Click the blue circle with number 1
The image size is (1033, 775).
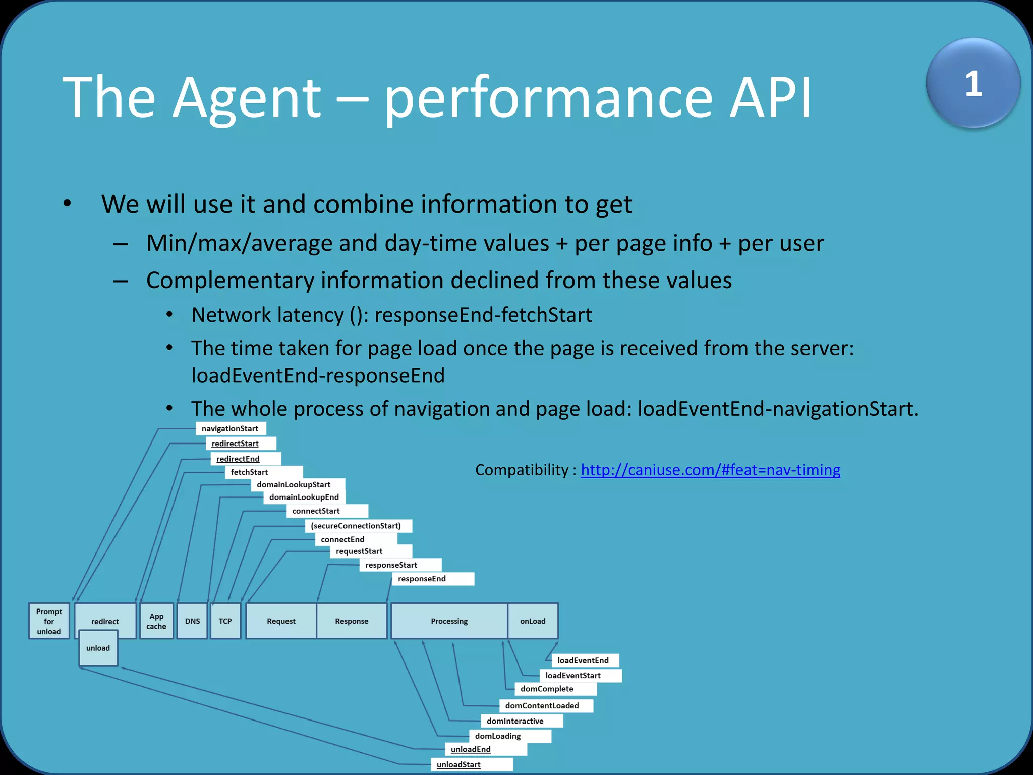click(x=973, y=83)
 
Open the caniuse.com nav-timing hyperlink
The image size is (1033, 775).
click(x=710, y=470)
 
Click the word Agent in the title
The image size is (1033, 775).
click(x=247, y=97)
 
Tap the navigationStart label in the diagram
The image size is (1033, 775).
click(x=230, y=428)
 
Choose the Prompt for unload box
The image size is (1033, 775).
click(x=49, y=621)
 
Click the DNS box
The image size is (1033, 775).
click(x=192, y=621)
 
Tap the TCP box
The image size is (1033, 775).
click(x=225, y=621)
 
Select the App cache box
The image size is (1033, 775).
click(x=156, y=621)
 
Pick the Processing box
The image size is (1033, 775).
click(x=449, y=621)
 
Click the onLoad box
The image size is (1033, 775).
click(x=533, y=621)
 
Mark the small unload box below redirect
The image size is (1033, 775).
click(x=98, y=648)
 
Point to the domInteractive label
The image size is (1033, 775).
click(x=515, y=721)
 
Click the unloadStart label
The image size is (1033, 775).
click(x=458, y=764)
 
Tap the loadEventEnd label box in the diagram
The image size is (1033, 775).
click(x=583, y=660)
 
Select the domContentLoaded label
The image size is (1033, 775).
click(x=542, y=705)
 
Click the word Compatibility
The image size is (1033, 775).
click(x=522, y=470)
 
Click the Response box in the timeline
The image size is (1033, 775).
click(x=352, y=621)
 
